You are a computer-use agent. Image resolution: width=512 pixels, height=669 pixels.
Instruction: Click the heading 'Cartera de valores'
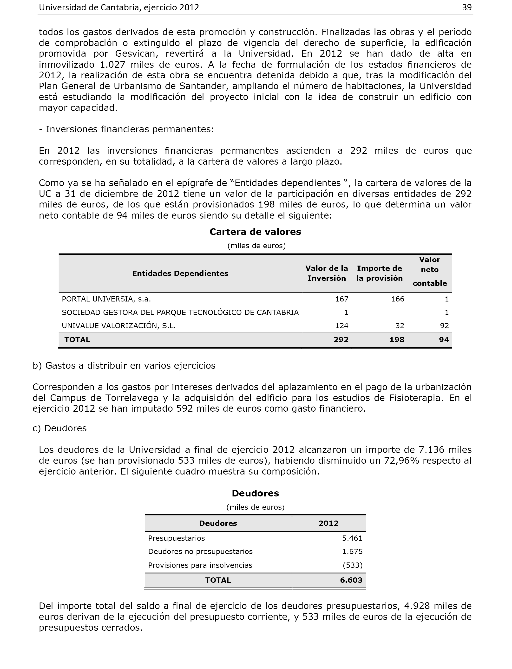[255, 232]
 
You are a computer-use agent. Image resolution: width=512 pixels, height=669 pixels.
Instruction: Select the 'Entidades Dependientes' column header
[180, 273]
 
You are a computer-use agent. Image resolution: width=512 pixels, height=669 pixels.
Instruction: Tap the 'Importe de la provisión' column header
[380, 273]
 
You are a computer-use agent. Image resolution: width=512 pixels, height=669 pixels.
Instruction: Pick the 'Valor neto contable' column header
[429, 271]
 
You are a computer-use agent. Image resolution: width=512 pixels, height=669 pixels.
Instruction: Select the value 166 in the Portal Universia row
[398, 299]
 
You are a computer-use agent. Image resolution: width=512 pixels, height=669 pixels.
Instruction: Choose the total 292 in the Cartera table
[341, 340]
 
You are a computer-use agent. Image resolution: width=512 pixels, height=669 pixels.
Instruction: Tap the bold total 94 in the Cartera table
[444, 340]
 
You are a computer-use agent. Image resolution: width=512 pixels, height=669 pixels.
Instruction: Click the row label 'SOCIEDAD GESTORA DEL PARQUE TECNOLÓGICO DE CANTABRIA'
[180, 313]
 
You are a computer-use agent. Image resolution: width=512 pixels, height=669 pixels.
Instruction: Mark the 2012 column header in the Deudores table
[328, 523]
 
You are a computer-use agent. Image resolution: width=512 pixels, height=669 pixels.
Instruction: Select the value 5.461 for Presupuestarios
[352, 538]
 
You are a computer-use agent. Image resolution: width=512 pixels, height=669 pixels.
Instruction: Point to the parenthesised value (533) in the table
[353, 565]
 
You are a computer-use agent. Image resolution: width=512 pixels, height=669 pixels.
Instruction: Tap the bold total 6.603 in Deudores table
[351, 580]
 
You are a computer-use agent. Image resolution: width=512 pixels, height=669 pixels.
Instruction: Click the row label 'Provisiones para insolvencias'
[200, 565]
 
